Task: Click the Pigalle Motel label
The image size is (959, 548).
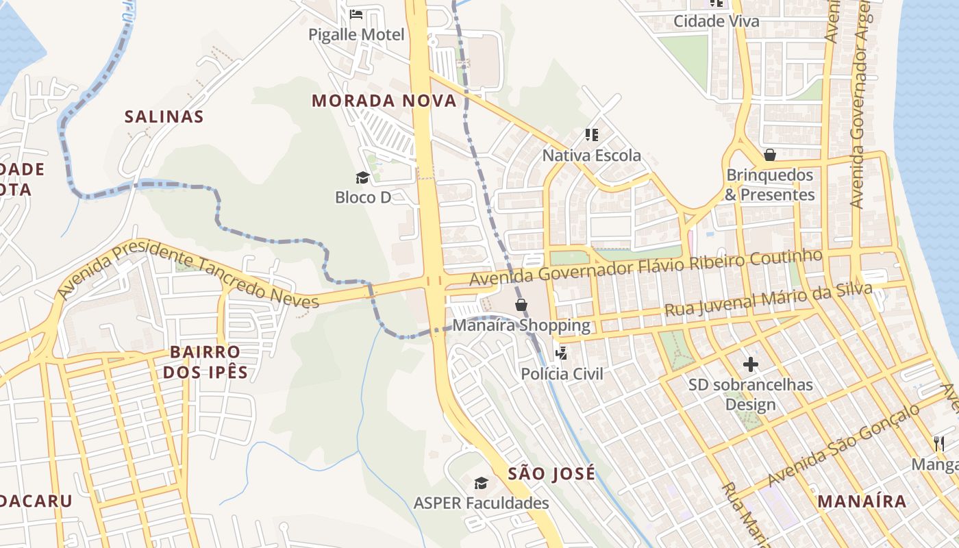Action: coord(356,34)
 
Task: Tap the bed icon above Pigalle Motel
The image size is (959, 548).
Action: coord(356,14)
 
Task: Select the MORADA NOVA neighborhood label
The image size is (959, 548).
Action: coord(384,101)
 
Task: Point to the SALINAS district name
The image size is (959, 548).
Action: coord(164,116)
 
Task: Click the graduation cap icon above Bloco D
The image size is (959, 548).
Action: coord(362,178)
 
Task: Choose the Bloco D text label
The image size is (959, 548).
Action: coord(363,197)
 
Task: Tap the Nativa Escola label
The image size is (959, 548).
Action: coord(592,155)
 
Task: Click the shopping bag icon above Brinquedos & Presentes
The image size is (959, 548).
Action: coord(769,155)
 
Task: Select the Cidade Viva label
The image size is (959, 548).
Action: coord(717,21)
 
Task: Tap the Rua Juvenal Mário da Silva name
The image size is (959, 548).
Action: coord(768,300)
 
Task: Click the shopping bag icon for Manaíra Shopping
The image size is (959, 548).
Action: coord(521,304)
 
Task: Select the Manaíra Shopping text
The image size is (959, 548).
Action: coord(521,325)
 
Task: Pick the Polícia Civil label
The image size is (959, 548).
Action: coord(562,374)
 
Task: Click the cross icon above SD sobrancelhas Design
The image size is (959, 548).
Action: coord(751,364)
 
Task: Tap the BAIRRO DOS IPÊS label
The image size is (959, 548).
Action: coord(206,362)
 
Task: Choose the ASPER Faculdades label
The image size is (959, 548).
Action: coord(481,503)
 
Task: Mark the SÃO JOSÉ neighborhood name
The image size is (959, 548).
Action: coord(551,473)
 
